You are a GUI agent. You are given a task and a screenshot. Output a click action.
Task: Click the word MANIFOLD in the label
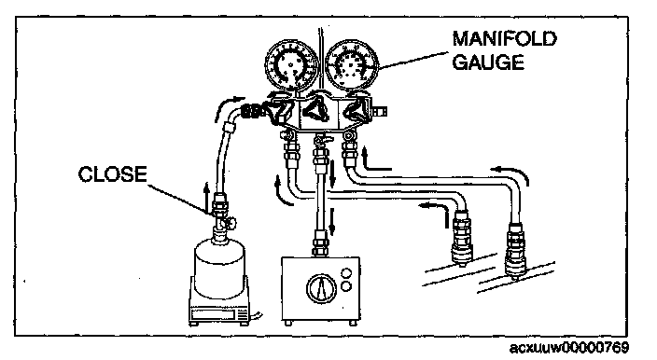pyautogui.click(x=505, y=39)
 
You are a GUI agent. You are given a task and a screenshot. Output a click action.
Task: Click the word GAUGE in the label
pyautogui.click(x=489, y=62)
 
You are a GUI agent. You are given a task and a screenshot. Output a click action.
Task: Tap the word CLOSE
pyautogui.click(x=112, y=173)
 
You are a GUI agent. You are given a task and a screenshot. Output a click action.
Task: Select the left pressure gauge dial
pyautogui.click(x=291, y=65)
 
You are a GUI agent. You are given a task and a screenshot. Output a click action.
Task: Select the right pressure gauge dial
pyautogui.click(x=352, y=65)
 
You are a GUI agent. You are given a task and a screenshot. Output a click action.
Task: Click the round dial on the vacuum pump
pyautogui.click(x=321, y=290)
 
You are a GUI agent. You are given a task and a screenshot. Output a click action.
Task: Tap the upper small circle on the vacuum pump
pyautogui.click(x=346, y=274)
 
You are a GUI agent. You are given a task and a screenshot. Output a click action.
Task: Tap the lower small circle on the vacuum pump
pyautogui.click(x=346, y=286)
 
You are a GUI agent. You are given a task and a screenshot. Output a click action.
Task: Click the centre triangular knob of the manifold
pyautogui.click(x=316, y=108)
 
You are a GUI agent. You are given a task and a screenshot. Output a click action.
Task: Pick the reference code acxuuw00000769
pyautogui.click(x=569, y=347)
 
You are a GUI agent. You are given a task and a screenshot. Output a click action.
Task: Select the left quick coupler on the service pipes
pyautogui.click(x=462, y=238)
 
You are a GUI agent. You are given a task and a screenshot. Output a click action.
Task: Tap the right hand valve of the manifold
pyautogui.click(x=356, y=109)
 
